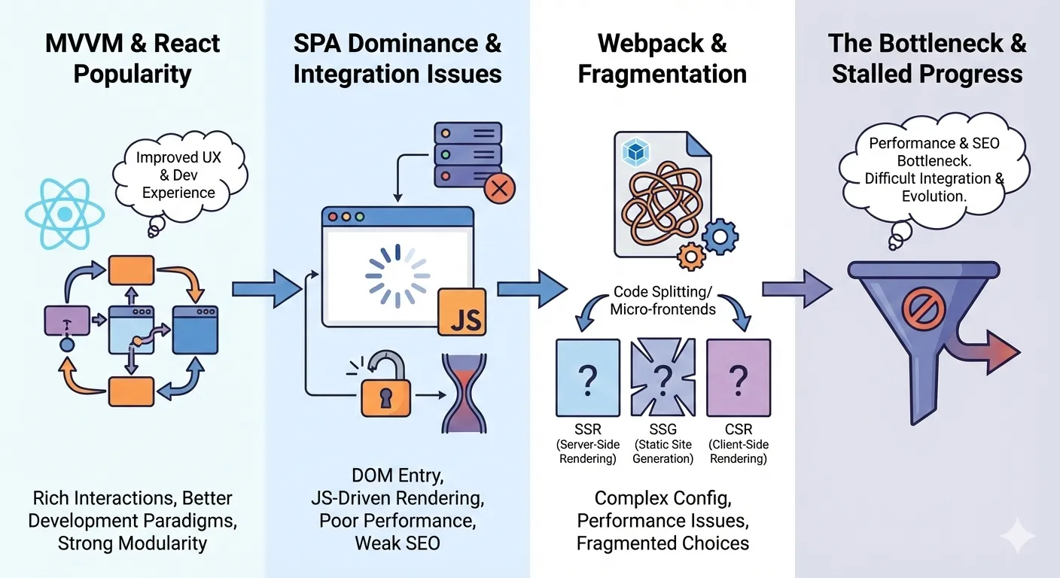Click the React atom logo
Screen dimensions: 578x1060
[x=65, y=214]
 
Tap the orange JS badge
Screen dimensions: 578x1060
[x=461, y=310]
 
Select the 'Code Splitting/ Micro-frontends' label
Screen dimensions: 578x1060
[x=662, y=300]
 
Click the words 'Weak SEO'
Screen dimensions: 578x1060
[x=397, y=543]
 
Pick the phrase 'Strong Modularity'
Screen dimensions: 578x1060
[x=132, y=543]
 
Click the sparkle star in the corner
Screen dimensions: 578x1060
[x=1017, y=536]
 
